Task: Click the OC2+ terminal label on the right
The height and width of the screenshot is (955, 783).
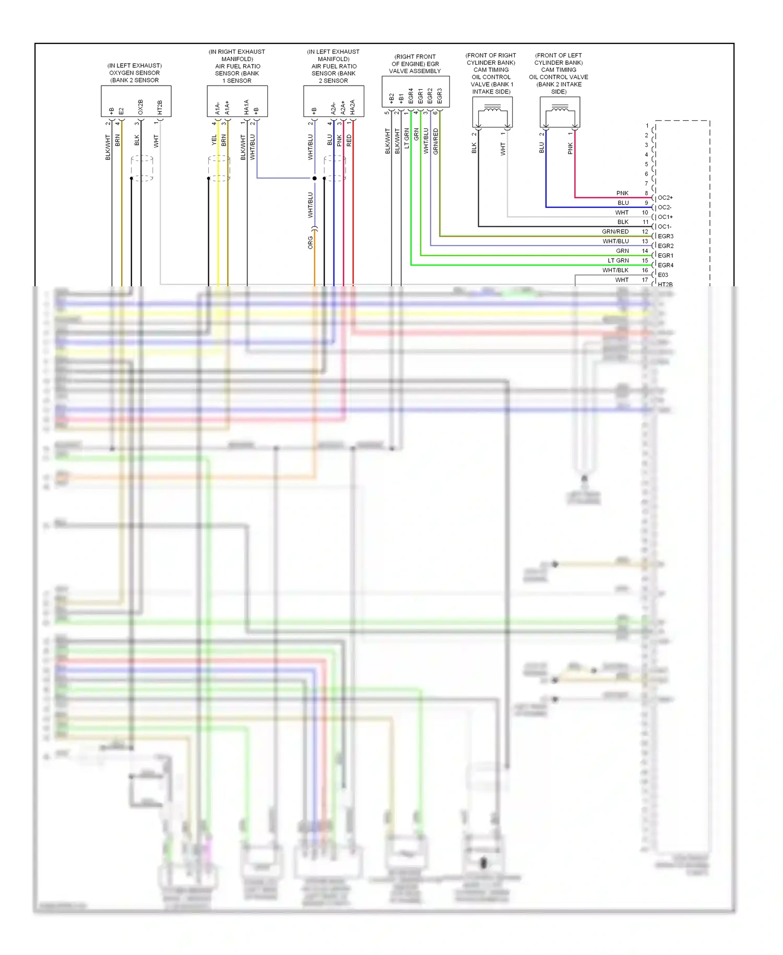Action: point(665,197)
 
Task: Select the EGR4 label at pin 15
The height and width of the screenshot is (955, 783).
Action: point(666,265)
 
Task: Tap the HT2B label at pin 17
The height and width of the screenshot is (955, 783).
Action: point(665,284)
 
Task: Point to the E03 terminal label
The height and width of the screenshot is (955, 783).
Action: point(663,275)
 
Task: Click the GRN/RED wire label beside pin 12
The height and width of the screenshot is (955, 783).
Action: point(615,231)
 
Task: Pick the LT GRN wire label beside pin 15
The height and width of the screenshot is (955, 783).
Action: point(618,260)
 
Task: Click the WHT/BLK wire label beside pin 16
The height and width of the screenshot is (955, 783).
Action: point(615,270)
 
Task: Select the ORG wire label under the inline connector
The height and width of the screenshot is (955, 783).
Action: point(311,242)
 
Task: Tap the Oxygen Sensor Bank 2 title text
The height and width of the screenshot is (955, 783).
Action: point(135,73)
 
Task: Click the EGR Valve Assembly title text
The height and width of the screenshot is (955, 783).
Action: point(415,64)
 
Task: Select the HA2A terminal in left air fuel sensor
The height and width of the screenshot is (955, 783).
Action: point(353,107)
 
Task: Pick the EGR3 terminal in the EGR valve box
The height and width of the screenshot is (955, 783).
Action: point(440,96)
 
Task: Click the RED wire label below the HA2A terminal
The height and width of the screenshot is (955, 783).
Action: point(349,140)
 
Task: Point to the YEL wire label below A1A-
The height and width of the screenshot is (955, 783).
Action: point(214,140)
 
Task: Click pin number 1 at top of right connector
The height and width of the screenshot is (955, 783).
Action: point(647,125)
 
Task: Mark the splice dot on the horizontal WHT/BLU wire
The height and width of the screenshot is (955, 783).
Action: point(314,178)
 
